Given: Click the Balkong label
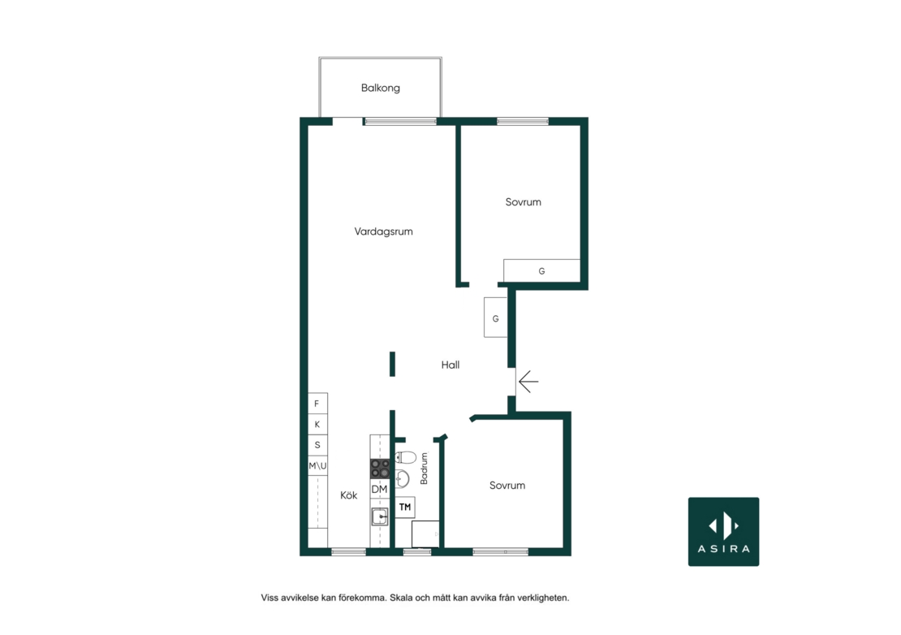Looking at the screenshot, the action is [x=381, y=88].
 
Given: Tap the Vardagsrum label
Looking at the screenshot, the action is [x=383, y=231].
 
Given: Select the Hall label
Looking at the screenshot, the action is [x=450, y=365].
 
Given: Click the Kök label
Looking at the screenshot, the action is [x=349, y=495].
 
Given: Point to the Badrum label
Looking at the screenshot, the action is [x=424, y=469].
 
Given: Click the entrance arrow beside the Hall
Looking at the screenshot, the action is [x=528, y=382].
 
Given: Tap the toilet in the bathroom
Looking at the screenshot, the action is [x=406, y=457].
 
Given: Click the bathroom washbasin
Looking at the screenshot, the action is [x=402, y=478].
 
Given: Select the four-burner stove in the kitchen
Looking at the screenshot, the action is [x=380, y=469].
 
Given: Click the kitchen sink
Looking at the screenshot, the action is [x=380, y=516].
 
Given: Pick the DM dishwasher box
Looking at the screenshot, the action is [x=380, y=489].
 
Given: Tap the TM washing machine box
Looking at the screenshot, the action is [x=405, y=508].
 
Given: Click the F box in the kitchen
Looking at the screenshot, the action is [x=317, y=404].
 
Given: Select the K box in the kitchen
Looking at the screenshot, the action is [x=317, y=424].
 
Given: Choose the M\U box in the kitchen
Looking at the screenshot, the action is [x=317, y=465].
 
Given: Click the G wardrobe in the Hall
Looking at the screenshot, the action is [x=495, y=317].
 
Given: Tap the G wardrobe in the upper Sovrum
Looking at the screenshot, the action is [x=541, y=270].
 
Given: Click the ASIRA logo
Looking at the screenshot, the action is [x=723, y=532].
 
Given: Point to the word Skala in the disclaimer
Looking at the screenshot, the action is [x=400, y=598].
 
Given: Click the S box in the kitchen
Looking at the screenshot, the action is [x=317, y=445].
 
